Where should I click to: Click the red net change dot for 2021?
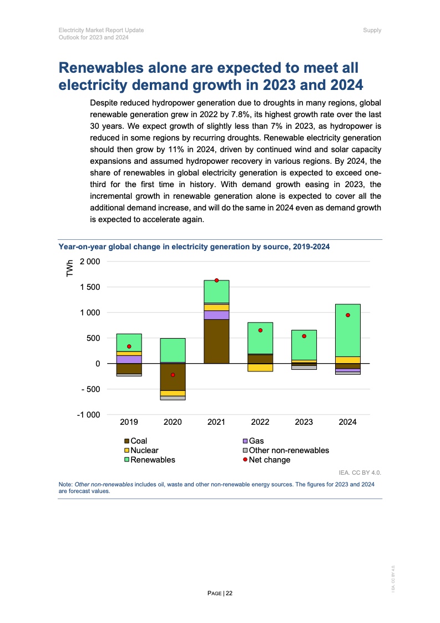(x=216, y=280)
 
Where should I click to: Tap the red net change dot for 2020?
(x=173, y=375)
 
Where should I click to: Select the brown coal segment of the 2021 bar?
(x=216, y=341)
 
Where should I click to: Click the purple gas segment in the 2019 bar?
(x=129, y=359)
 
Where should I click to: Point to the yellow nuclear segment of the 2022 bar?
(x=260, y=367)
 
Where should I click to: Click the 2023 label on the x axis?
(x=304, y=422)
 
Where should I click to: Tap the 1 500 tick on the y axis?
(x=89, y=287)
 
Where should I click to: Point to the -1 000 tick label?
(x=88, y=415)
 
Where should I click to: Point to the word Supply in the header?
(x=372, y=30)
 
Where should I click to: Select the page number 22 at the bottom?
(x=229, y=594)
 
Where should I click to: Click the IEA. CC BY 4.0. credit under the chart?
(x=360, y=473)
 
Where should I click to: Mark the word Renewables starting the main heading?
(x=102, y=68)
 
